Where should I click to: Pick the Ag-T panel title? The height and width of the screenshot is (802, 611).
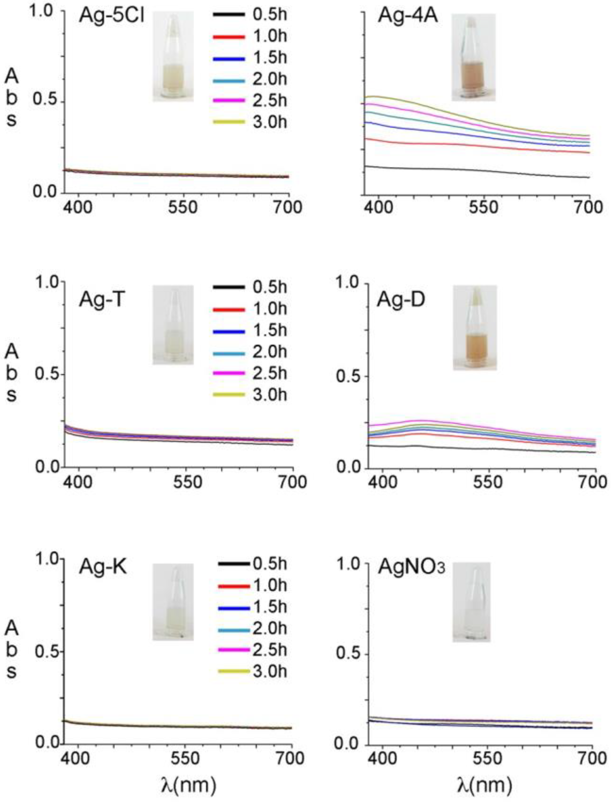pyautogui.click(x=102, y=301)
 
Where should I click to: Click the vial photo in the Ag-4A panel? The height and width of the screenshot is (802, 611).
pyautogui.click(x=473, y=57)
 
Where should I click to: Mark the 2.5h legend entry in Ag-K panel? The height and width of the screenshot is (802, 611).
pyautogui.click(x=253, y=649)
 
